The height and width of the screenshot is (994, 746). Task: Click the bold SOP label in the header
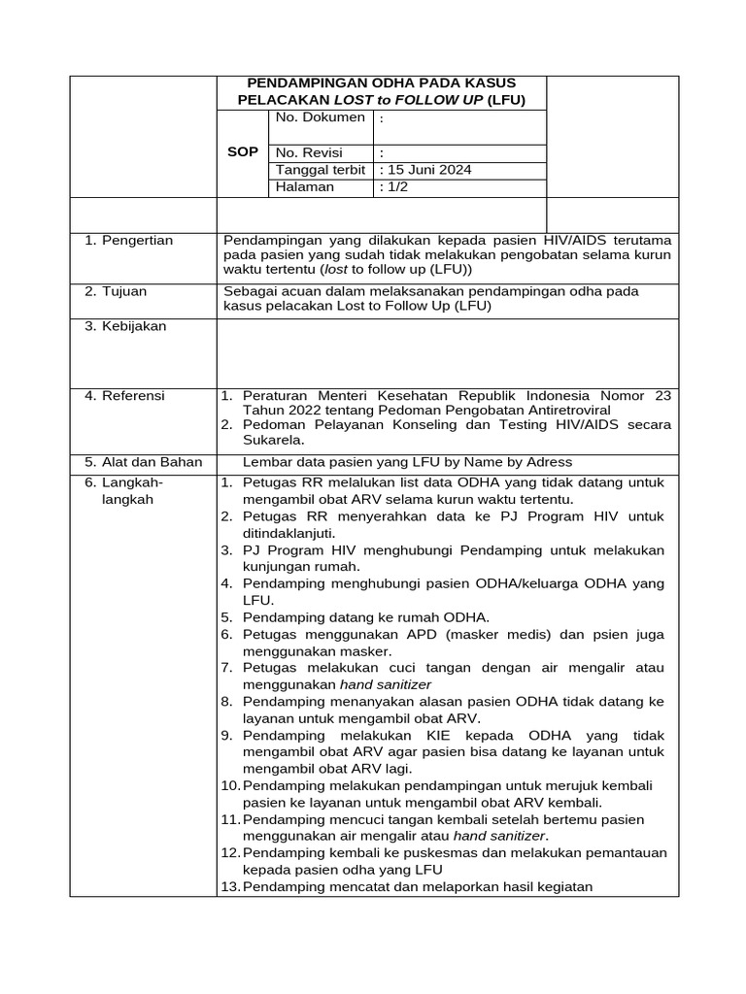[242, 152]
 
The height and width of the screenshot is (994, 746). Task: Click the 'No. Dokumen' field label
[321, 117]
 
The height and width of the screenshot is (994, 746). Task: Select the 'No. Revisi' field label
[309, 152]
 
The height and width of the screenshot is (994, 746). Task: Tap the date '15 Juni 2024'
[428, 170]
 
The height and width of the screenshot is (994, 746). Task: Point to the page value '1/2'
[396, 187]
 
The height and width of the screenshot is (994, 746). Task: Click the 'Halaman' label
[305, 187]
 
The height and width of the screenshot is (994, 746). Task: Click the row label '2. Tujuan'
[117, 291]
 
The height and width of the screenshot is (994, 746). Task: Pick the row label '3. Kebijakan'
[125, 326]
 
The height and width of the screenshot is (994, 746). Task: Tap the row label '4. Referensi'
[124, 396]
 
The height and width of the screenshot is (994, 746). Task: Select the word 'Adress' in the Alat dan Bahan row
[546, 462]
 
